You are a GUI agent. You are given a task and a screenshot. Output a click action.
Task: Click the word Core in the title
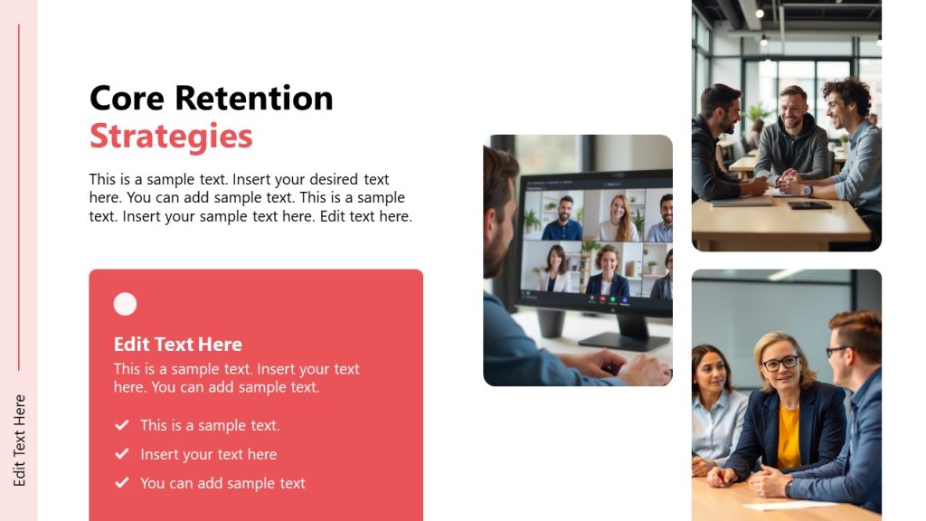(128, 98)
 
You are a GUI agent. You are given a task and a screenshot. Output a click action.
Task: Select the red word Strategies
(171, 137)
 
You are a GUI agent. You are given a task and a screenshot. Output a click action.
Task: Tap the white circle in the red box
(125, 305)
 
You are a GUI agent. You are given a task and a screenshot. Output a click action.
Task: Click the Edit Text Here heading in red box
(177, 345)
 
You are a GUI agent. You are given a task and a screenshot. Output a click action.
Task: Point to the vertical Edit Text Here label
(20, 440)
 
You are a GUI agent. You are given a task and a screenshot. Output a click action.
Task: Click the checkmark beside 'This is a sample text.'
(121, 425)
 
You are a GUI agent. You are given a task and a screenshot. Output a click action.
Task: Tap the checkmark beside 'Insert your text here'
(121, 454)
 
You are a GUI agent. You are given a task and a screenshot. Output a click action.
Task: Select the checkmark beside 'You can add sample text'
(121, 483)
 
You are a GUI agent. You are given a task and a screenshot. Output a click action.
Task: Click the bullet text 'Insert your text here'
(208, 454)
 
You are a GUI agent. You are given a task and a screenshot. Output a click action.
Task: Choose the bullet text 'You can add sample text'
(222, 483)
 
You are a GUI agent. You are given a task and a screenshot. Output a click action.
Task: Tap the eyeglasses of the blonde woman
(780, 363)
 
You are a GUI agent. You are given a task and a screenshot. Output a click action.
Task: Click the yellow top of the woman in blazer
(789, 434)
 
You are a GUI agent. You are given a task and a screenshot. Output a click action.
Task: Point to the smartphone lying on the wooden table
(808, 205)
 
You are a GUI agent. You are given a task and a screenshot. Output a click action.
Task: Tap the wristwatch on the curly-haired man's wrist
(807, 190)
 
